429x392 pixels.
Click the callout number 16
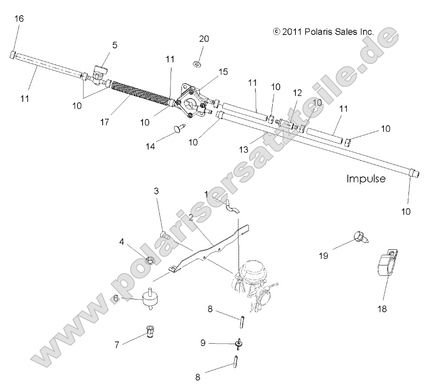point(19,19)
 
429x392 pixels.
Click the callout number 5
point(114,45)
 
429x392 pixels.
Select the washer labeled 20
point(198,63)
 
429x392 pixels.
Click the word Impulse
point(366,179)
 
